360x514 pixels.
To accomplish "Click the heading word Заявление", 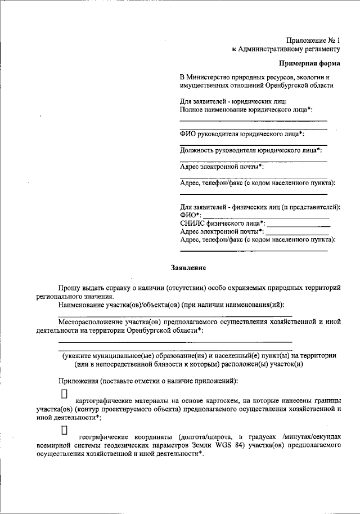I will (x=188, y=267).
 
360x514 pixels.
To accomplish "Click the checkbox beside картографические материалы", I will (x=64, y=391).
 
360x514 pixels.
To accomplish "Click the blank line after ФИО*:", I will (x=265, y=217).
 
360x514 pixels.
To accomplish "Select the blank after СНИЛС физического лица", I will (x=298, y=225).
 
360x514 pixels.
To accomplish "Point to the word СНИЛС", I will (x=191, y=224).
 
